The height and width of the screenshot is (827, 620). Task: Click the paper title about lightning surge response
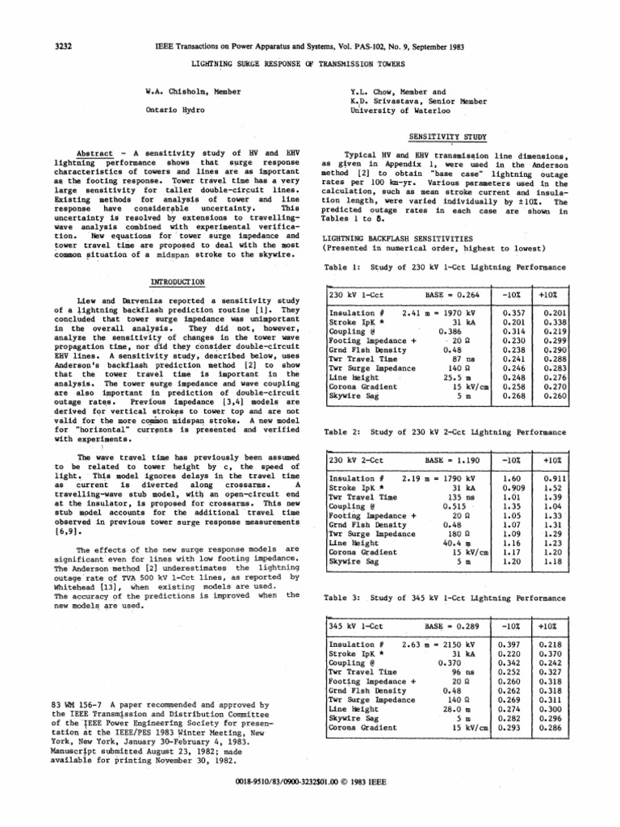[309, 63]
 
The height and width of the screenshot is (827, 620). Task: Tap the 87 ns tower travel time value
[461, 358]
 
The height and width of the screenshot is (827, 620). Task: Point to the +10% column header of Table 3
[552, 626]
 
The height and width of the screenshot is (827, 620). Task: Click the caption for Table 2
[435, 433]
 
